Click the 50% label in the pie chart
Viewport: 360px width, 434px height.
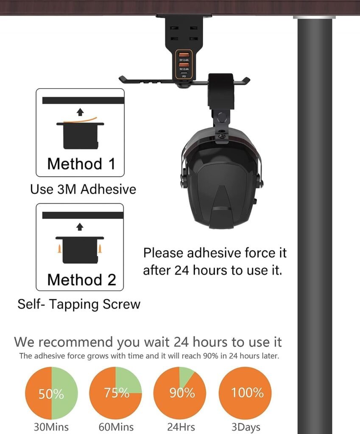[51, 394]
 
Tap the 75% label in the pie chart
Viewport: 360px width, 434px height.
[116, 392]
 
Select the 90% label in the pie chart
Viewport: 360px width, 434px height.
[182, 392]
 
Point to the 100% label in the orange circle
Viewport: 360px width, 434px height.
[247, 392]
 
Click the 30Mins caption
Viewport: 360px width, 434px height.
[51, 426]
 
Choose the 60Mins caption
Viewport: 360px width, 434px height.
[116, 426]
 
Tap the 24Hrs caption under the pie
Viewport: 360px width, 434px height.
[181, 426]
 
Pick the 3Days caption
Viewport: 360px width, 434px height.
[246, 426]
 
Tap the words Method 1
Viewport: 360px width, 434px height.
[81, 164]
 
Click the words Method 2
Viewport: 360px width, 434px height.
[81, 280]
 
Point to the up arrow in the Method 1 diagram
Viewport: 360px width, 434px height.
[80, 112]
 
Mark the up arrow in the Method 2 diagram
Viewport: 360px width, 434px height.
[80, 227]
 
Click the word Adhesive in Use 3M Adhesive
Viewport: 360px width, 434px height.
[108, 189]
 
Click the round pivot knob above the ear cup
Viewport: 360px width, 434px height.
[222, 117]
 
